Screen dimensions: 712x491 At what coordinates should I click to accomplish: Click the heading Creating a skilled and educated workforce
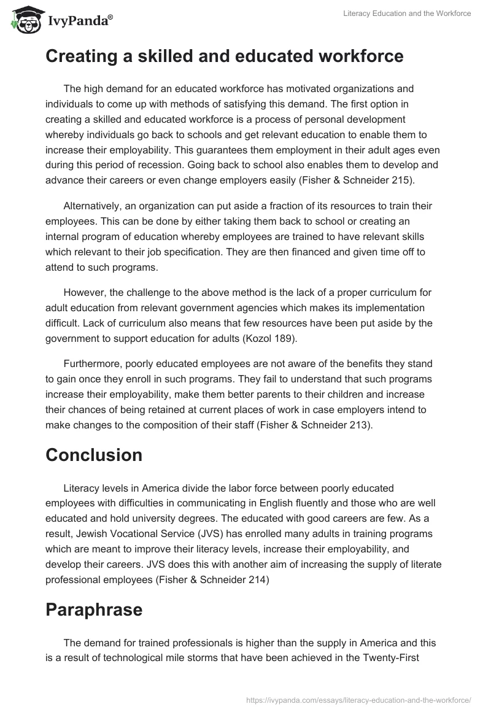[x=225, y=56]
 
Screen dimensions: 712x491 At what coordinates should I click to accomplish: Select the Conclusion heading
[x=94, y=455]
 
